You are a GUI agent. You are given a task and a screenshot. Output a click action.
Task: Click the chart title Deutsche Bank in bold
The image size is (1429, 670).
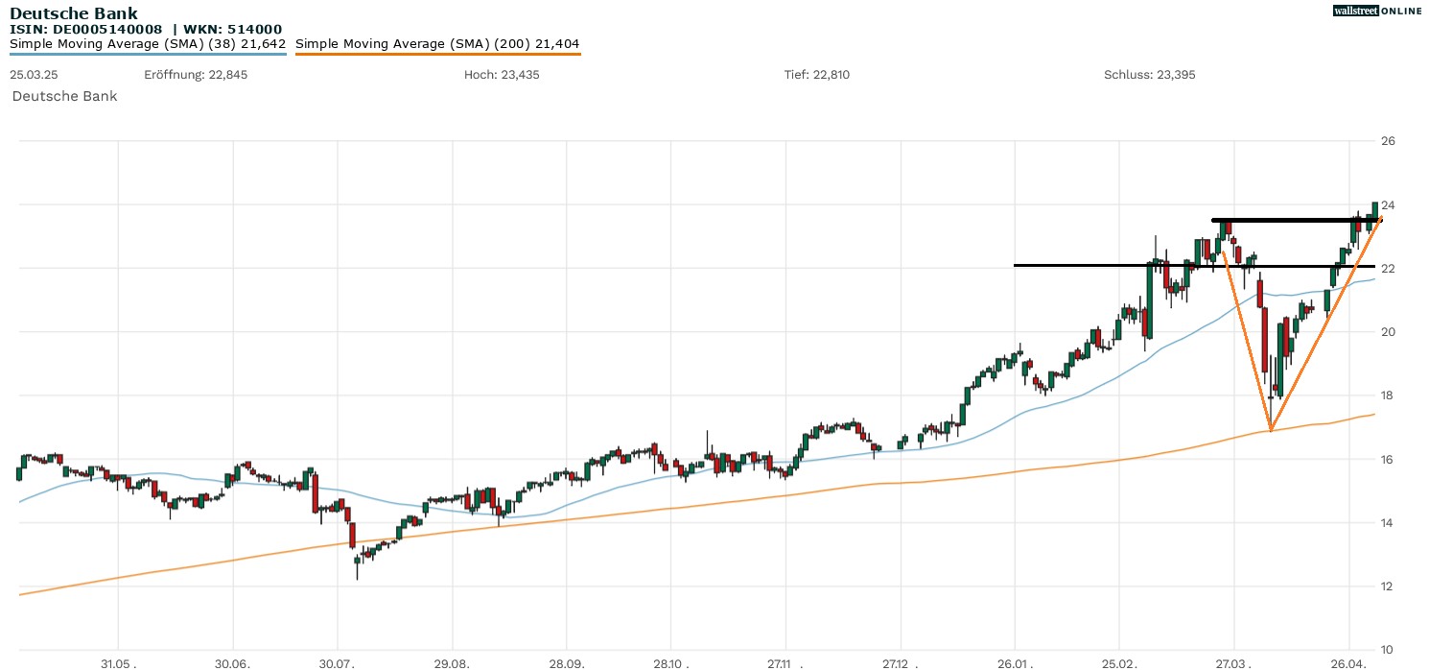[x=73, y=13]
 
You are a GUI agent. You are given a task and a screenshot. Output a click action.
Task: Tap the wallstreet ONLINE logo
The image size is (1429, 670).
[x=1377, y=11]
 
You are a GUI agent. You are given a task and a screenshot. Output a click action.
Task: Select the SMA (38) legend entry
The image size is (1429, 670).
[x=148, y=44]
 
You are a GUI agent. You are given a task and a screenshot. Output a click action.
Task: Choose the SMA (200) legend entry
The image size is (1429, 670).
[x=437, y=44]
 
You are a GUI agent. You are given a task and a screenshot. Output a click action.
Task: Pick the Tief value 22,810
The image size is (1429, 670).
[x=830, y=75]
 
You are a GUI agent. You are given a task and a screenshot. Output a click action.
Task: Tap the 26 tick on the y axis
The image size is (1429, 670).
[x=1387, y=141]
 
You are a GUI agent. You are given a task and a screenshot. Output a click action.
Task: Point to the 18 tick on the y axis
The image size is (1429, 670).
[x=1387, y=395]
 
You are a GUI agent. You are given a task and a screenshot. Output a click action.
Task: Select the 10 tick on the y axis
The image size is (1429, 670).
[x=1387, y=650]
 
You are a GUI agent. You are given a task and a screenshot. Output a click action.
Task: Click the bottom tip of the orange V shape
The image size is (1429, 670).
[x=1271, y=430]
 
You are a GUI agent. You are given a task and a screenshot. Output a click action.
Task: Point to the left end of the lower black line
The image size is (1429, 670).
[x=1016, y=265]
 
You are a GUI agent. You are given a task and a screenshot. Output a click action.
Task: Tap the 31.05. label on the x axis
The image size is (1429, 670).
[x=118, y=662]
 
